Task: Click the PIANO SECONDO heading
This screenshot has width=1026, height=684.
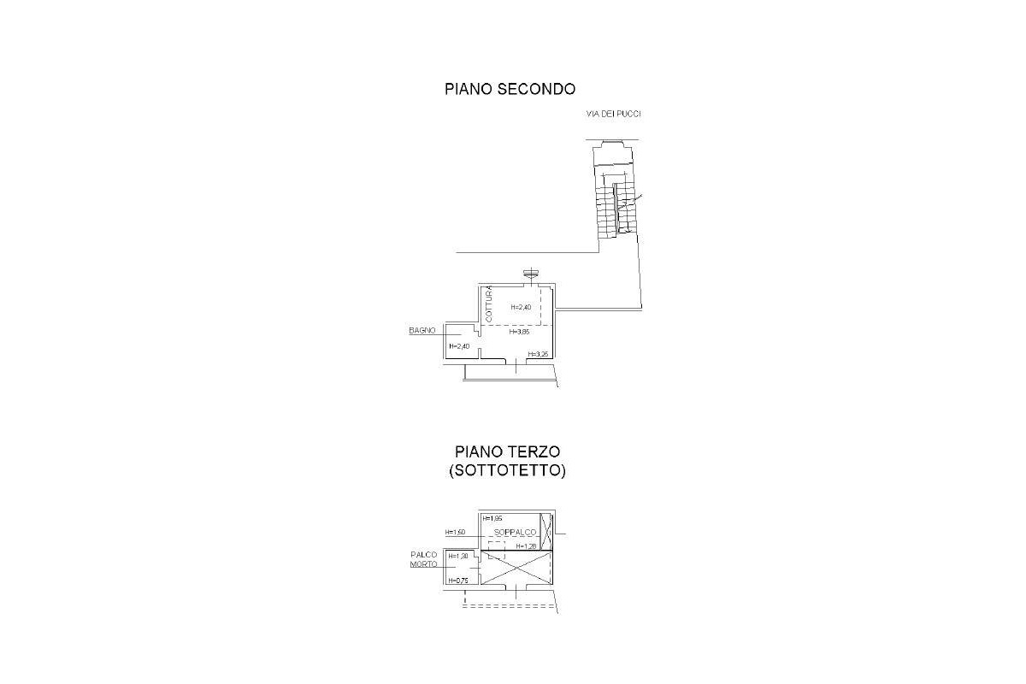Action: tap(510, 89)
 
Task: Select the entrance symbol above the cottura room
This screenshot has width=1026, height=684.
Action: tap(531, 274)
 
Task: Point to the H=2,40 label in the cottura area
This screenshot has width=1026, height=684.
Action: tap(521, 307)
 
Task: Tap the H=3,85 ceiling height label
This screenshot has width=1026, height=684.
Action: tap(520, 332)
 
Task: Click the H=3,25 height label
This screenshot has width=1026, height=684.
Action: tap(538, 354)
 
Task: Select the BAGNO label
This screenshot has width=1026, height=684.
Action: tap(422, 330)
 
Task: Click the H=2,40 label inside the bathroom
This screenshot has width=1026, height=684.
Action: tap(459, 346)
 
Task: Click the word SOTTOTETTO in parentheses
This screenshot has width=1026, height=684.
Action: tap(507, 471)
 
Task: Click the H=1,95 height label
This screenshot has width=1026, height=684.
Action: tap(492, 518)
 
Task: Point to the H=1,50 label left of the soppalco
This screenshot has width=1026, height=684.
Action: tap(455, 533)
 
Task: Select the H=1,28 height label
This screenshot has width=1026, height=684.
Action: tap(526, 546)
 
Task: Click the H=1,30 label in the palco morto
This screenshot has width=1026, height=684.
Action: tap(458, 556)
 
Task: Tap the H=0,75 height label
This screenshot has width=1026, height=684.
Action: tap(458, 581)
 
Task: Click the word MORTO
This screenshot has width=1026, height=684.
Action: tap(424, 564)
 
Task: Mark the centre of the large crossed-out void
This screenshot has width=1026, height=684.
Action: tap(517, 568)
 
